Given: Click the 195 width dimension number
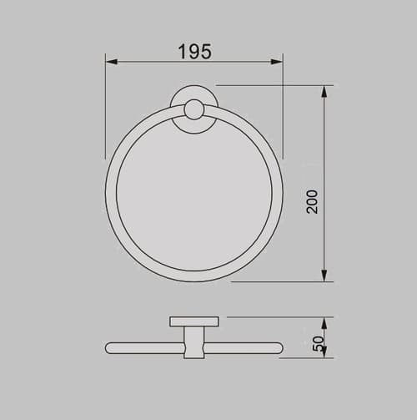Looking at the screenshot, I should (x=194, y=51).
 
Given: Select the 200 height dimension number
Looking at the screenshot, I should (x=312, y=200).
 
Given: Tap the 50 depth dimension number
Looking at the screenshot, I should (x=317, y=342).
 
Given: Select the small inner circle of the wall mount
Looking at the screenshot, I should (x=193, y=110).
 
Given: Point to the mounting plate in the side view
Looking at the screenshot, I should (x=193, y=321).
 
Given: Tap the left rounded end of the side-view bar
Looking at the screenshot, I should (x=109, y=348).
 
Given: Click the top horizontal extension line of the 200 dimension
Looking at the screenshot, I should (x=275, y=84).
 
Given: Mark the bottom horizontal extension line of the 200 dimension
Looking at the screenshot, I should (x=284, y=282).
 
